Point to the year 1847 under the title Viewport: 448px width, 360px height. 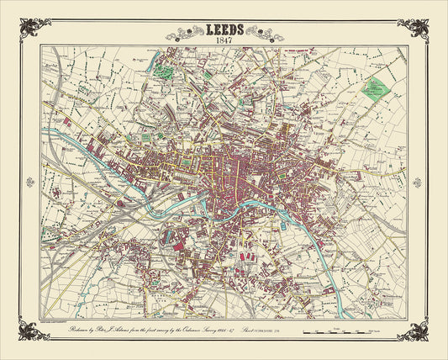224,41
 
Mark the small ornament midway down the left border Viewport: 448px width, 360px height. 33,180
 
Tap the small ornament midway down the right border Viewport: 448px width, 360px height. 416,180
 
